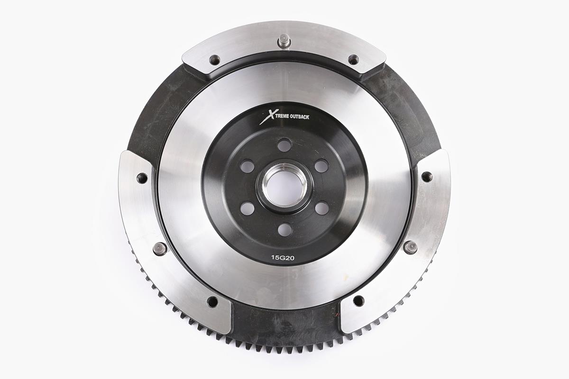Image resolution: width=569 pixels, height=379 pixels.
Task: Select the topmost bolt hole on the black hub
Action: (x=284, y=145)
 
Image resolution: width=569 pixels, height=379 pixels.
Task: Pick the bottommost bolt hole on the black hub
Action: (x=284, y=230)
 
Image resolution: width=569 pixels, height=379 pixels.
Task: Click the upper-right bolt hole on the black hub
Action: (x=321, y=166)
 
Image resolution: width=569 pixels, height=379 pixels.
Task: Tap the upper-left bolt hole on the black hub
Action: (x=247, y=166)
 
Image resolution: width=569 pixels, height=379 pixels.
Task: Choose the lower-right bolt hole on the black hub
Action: (x=322, y=208)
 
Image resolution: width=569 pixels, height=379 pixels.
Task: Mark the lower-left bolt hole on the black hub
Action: (x=247, y=208)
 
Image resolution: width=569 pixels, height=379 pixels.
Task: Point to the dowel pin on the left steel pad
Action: (x=160, y=248)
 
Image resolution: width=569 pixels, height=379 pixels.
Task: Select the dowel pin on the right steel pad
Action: (x=410, y=247)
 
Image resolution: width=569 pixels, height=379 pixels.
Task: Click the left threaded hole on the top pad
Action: (x=215, y=60)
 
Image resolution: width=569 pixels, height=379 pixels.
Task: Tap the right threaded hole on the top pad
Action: (x=353, y=60)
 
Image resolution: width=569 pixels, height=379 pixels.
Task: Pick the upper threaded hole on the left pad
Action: (x=142, y=178)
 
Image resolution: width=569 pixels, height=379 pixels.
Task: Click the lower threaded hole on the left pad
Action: (x=212, y=302)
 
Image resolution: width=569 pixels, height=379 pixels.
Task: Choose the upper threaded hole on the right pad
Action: (x=427, y=177)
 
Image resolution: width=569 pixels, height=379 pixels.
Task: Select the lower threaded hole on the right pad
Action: (x=358, y=301)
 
